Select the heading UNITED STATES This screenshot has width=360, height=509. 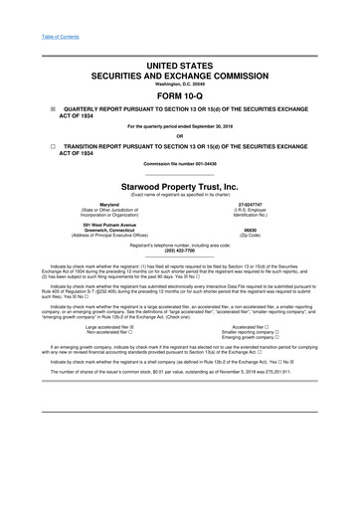tap(180, 65)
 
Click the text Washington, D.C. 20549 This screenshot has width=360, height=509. tap(180, 85)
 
